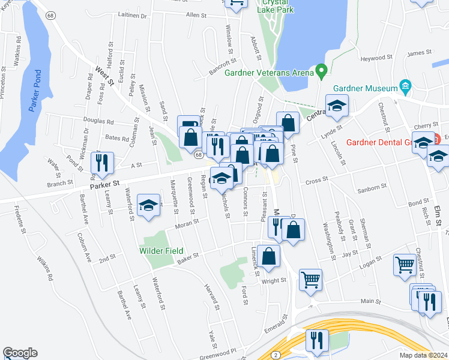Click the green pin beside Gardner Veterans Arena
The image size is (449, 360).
321,72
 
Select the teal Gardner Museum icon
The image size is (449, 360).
406,86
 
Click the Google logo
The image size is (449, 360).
20,353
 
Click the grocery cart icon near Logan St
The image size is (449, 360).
404,265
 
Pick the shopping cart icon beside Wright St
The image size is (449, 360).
310,280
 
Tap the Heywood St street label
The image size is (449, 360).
376,59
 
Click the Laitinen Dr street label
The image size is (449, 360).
133,16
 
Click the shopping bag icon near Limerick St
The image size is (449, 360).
268,256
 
